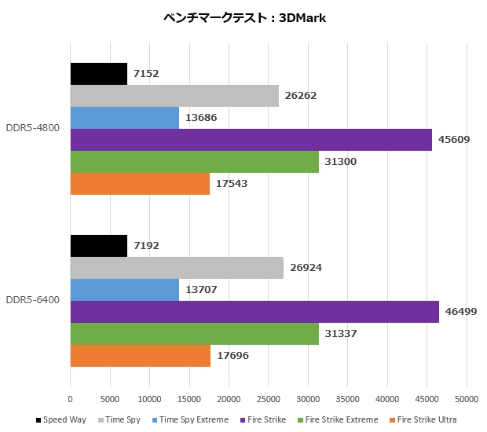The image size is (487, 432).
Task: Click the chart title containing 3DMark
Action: [243, 18]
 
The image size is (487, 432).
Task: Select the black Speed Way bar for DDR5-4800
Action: [99, 74]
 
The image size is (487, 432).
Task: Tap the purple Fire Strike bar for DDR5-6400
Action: [254, 312]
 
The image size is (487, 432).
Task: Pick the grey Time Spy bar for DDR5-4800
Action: [174, 96]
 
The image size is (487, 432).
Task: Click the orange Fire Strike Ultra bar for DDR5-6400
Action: [141, 356]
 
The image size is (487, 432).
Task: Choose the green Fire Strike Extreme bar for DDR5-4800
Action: [195, 162]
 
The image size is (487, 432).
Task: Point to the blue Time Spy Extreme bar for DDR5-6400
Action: [125, 290]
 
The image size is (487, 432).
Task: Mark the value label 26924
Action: [306, 268]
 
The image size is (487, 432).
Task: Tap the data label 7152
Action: [146, 74]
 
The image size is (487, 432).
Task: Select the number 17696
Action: [233, 356]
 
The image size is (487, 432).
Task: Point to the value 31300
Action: [342, 162]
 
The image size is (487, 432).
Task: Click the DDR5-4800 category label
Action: [33, 128]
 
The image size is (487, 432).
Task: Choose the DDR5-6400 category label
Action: [33, 301]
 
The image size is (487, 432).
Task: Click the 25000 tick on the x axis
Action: [269, 398]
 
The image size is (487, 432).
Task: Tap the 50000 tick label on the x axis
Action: [467, 398]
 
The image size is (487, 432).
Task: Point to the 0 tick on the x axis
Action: [71, 398]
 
